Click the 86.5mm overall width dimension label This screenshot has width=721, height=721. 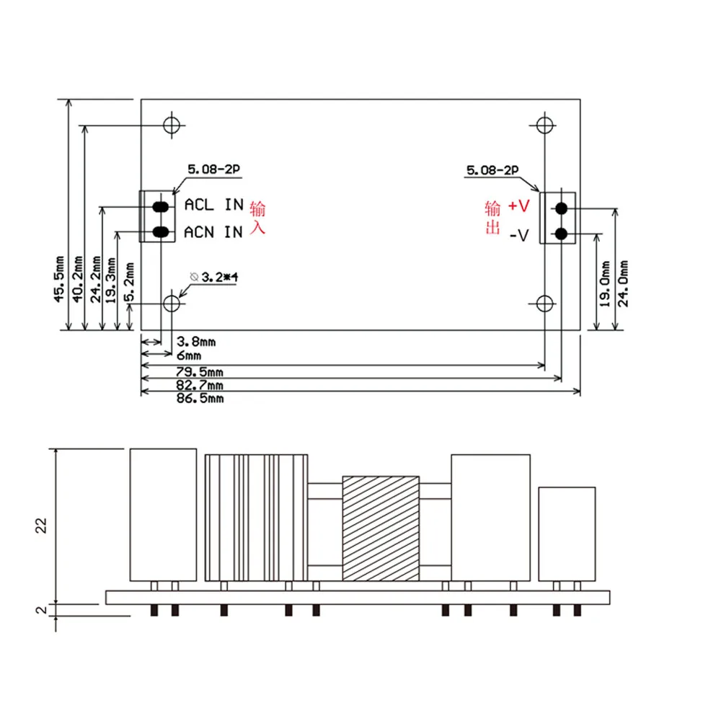click(200, 398)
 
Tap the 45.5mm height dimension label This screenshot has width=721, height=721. click(59, 279)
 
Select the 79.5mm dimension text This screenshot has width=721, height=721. click(200, 371)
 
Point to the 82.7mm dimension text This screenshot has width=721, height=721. click(200, 385)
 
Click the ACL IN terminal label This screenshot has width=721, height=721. click(214, 205)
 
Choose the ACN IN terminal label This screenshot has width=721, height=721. click(213, 232)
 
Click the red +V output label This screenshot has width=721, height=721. click(519, 205)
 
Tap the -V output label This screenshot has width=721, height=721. click(519, 236)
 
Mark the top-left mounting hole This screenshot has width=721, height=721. click(172, 125)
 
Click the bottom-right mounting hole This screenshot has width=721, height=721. click(544, 304)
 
